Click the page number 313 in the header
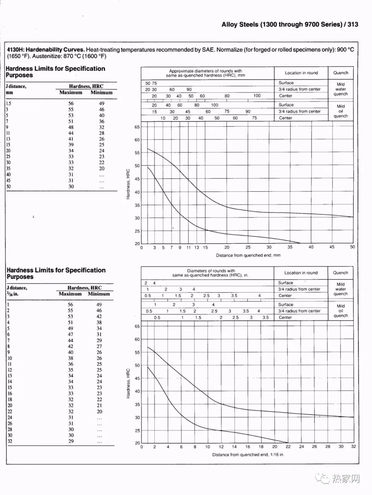click(x=353, y=24)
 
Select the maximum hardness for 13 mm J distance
click(x=71, y=139)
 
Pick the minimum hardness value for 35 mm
click(x=102, y=168)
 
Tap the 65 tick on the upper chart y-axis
click(x=137, y=127)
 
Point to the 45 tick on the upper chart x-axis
click(x=332, y=247)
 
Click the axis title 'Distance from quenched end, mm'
click(x=248, y=255)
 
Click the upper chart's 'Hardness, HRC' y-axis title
click(x=128, y=184)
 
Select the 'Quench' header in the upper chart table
click(x=341, y=73)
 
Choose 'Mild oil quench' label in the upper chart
click(x=341, y=111)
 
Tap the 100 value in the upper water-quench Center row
click(x=257, y=96)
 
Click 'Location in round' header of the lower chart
click(x=301, y=273)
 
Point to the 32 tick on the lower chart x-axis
click(x=353, y=446)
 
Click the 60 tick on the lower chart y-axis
click(x=137, y=339)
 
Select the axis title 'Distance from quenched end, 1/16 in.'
click(x=248, y=455)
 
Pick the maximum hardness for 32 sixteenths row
click(x=71, y=441)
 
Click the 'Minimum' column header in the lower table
click(x=99, y=294)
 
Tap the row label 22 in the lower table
click(x=10, y=411)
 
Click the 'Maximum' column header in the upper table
click(x=71, y=92)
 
